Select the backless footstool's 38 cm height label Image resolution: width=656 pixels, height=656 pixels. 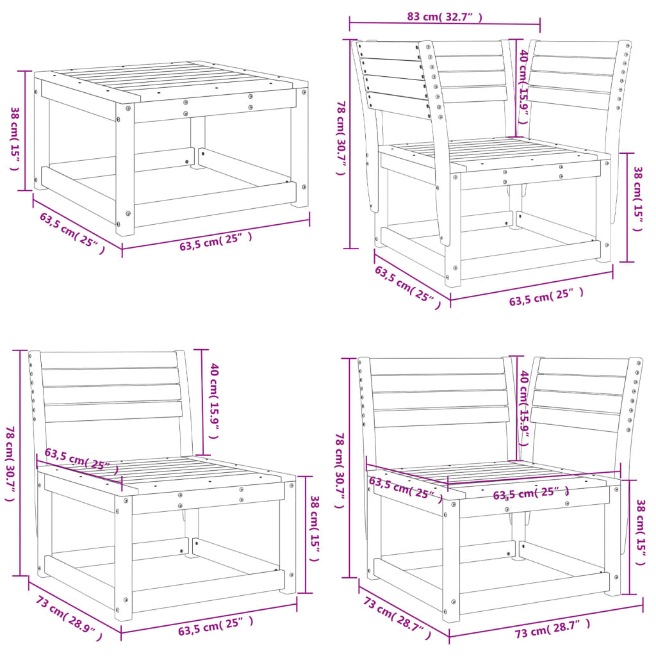pos(14,138)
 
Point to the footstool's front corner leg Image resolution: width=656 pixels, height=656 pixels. pos(124,170)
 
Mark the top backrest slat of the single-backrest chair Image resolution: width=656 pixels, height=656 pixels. pos(109,360)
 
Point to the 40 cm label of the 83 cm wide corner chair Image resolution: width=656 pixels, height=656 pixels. pos(523,79)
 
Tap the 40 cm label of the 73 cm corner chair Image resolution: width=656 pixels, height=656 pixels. pos(523,406)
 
